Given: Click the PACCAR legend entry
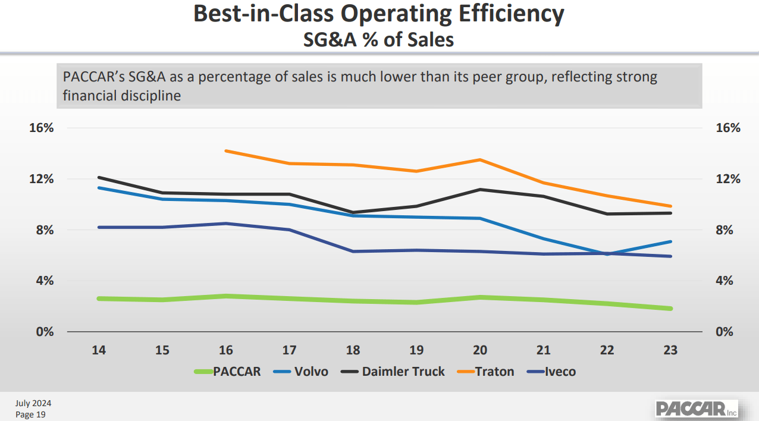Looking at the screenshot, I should point(228,372).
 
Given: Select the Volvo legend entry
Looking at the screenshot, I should point(301,372).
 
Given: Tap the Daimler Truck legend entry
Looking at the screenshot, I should point(393,372).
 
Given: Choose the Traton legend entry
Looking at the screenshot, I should point(485,372).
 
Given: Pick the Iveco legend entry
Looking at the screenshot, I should point(551,372).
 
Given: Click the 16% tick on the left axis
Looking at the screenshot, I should point(42,128).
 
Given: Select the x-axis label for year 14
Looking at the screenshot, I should point(99,350).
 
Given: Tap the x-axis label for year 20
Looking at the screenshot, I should point(479,350).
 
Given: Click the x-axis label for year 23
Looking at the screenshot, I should point(670,350).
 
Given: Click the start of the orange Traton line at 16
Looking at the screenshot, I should point(226,151).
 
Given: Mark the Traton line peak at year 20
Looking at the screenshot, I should point(479,159).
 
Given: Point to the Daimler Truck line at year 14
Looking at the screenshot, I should point(99,177).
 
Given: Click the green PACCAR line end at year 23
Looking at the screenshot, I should point(670,309).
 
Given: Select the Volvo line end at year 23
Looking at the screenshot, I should point(670,241).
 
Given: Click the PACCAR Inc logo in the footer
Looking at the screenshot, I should point(696,409).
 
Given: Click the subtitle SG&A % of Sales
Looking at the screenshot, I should point(379,39).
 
